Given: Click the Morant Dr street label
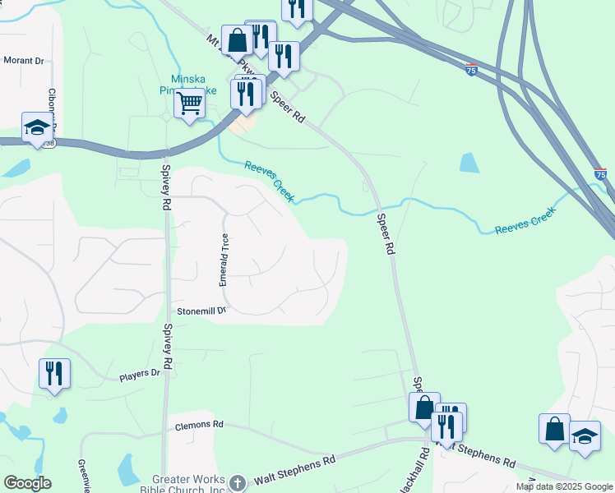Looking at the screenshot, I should point(23,60).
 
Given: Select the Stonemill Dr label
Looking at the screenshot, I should point(201,311).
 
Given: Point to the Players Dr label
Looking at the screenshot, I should point(139,375).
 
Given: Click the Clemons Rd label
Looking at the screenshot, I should point(200,426).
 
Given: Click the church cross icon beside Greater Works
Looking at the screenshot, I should point(237,482).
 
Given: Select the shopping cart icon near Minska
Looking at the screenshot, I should point(190,104).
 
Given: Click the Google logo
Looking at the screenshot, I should point(26,483).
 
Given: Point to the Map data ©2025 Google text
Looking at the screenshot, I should point(564,486).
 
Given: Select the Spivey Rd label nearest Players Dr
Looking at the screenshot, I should point(168,345).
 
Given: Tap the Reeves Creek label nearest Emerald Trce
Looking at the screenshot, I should point(269,181).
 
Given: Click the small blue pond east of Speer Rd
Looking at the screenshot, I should point(469,162).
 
